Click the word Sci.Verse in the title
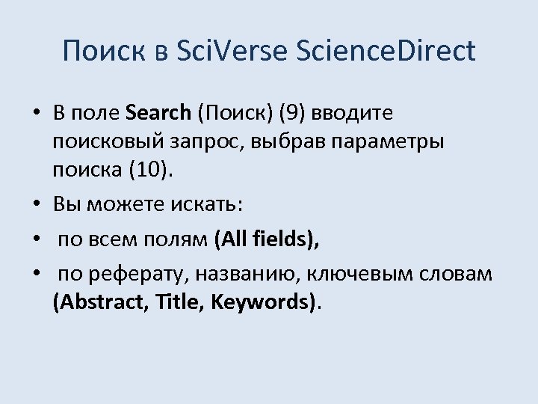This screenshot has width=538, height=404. [x=235, y=51]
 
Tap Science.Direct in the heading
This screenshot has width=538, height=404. [x=386, y=51]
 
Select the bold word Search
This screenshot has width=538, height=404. [x=159, y=113]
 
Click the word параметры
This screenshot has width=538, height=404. [x=390, y=141]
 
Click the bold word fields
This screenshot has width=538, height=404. [x=279, y=239]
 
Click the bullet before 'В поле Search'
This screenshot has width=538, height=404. [x=36, y=114]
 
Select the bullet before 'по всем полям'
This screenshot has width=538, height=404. [x=36, y=240]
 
